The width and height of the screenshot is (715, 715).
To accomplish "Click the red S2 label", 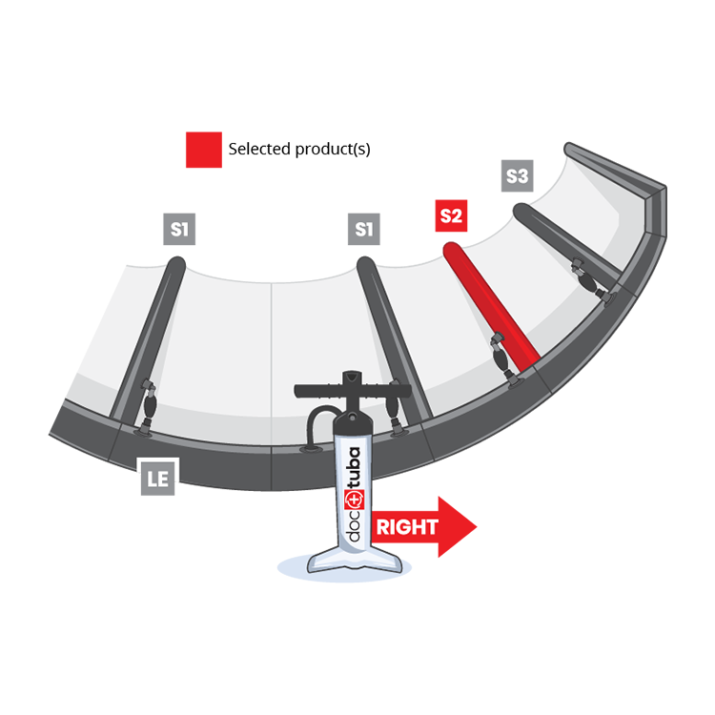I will (x=451, y=215).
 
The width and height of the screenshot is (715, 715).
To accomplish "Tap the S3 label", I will (x=516, y=176).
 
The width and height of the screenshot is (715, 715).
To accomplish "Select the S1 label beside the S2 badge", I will (x=363, y=229).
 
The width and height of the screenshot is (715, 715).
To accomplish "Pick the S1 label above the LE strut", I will (x=180, y=229).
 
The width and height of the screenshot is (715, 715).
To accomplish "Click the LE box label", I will (x=157, y=480).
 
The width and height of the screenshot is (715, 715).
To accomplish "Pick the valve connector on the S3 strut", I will (x=583, y=276).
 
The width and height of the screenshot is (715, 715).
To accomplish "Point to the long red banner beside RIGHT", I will (x=553, y=529).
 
